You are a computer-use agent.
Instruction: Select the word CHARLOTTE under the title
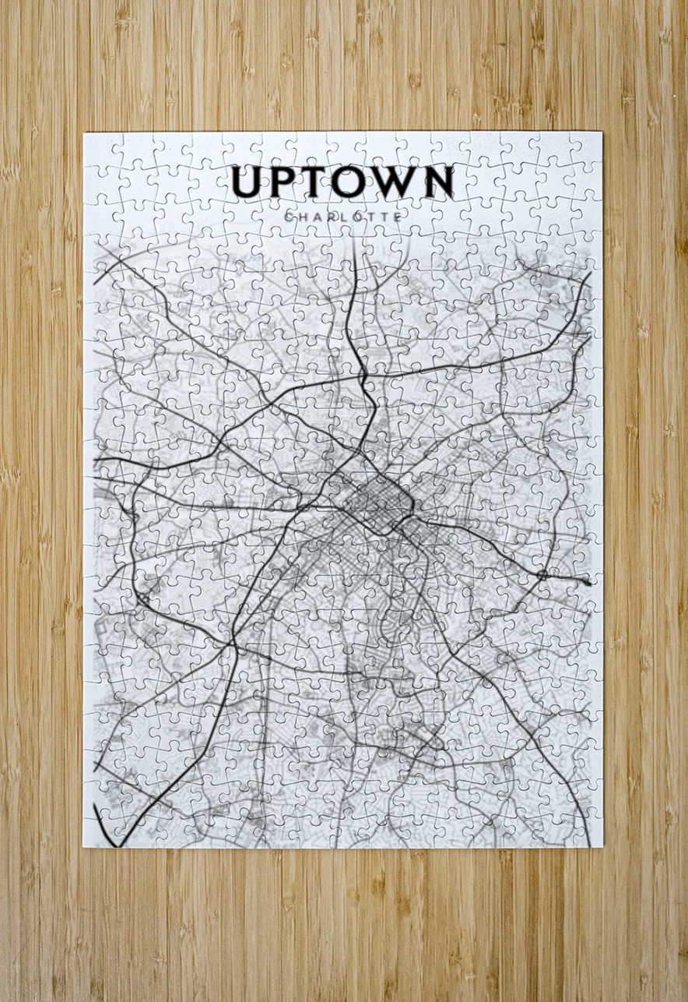[343, 216]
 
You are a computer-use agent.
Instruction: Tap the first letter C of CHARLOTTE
[290, 216]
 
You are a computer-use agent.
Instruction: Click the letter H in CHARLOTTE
[304, 216]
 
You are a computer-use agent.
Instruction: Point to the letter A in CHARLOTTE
[319, 216]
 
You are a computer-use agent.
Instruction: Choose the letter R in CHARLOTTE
[333, 216]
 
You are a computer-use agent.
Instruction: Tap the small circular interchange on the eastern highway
[542, 575]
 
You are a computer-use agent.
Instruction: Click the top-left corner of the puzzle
[84, 133]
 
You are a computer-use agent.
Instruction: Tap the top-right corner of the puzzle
[602, 133]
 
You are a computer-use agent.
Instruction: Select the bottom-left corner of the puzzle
[84, 846]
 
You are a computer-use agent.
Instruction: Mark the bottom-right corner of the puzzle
[602, 846]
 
